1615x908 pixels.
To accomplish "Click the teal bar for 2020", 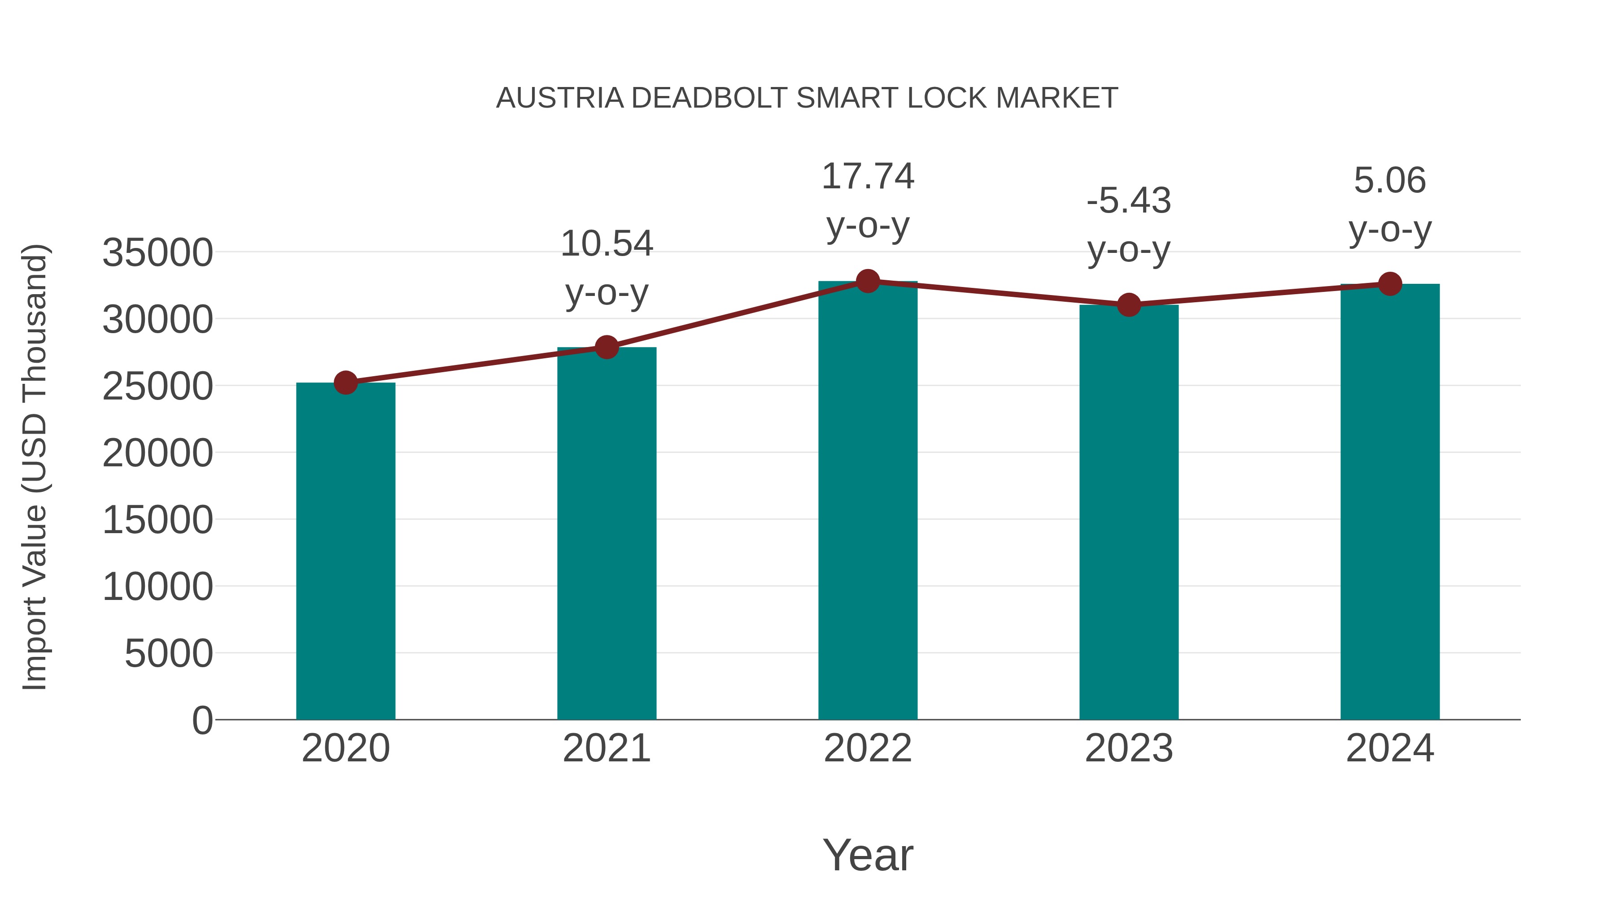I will pos(345,552).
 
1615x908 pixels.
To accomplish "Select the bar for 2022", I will pos(868,501).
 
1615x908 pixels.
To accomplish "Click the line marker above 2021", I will pos(606,347).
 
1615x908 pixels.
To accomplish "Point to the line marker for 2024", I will pos(1390,284).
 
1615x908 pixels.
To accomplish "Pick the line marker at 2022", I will pos(868,281).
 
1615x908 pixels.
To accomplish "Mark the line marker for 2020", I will pos(345,382).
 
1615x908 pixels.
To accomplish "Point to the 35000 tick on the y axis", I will pos(157,253).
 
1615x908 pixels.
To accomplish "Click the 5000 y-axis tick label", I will pos(169,654).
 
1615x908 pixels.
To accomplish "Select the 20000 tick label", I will pos(157,453).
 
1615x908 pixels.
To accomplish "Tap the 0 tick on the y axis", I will pos(202,720).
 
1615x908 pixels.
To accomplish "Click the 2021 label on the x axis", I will pos(606,748).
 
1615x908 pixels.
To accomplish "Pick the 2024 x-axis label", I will pos(1390,748).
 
